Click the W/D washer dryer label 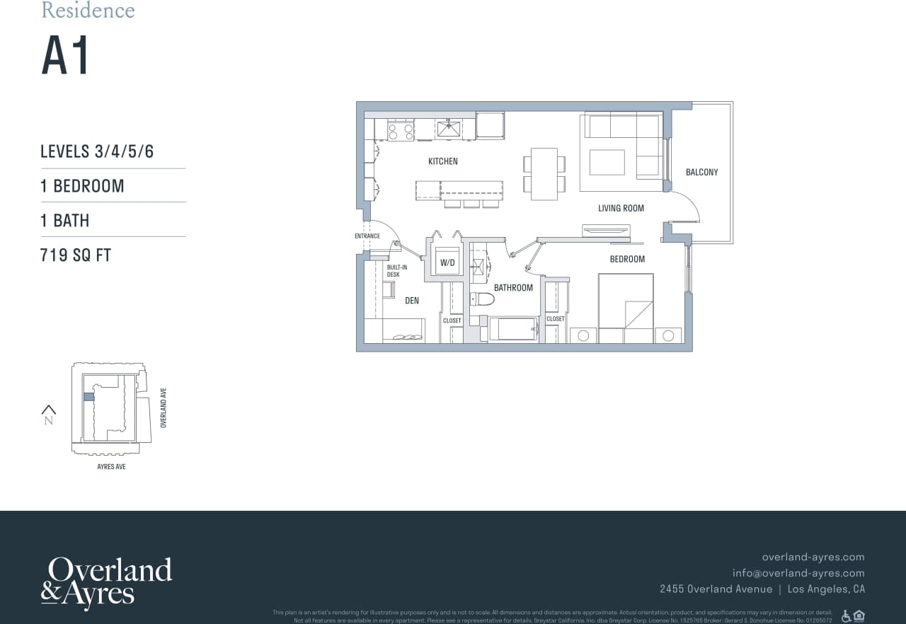[447, 262]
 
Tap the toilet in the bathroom [482, 299]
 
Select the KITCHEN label [443, 161]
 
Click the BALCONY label [701, 172]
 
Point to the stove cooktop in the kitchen [401, 129]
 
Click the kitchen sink [448, 128]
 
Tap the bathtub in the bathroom [512, 329]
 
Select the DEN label [412, 301]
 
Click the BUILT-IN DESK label [397, 270]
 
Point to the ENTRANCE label [367, 236]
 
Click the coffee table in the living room [607, 162]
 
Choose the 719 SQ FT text [76, 255]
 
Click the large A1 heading [66, 57]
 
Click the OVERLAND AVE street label [164, 408]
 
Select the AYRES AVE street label [111, 467]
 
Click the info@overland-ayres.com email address [798, 573]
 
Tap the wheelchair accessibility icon [846, 616]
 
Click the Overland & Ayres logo [106, 582]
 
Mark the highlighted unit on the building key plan [88, 397]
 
